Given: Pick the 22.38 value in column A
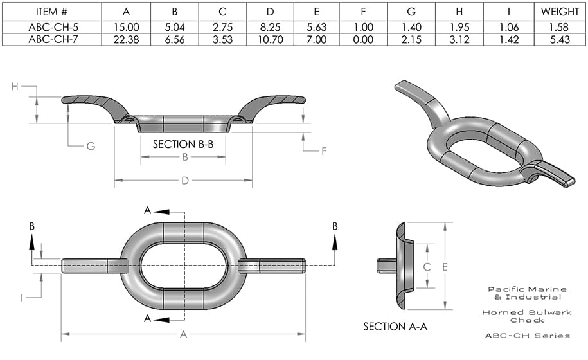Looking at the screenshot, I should pos(127,39).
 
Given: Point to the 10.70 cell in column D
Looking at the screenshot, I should pos(270,39).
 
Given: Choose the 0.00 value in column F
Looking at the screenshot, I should pos(364,39).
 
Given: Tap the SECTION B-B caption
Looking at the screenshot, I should pos(183,144).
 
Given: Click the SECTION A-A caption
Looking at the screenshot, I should pos(395,327).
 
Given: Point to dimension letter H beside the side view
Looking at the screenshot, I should pos(15,87).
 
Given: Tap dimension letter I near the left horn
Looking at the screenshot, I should pos(22,297).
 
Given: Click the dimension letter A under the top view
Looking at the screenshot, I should pos(184,334).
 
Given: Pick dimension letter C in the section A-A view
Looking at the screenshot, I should pos(425,266).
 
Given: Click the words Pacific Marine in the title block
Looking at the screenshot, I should pos(528,289).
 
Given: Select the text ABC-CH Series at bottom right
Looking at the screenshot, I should pos(528,336).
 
